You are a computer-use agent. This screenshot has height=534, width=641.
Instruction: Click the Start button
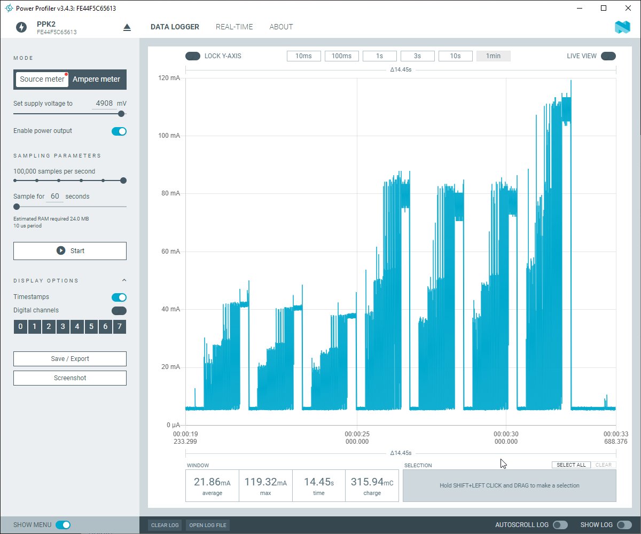tap(70, 250)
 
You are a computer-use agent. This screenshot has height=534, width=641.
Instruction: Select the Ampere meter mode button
tap(96, 79)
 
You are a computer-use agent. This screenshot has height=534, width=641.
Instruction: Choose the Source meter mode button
tap(42, 79)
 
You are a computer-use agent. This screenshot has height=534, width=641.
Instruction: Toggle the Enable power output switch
tap(119, 131)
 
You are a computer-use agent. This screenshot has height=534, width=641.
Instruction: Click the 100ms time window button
tap(341, 56)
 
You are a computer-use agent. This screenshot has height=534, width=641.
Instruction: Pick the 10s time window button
tap(455, 56)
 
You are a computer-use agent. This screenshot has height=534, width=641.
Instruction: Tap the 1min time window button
tap(493, 56)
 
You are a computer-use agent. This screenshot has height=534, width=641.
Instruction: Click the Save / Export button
tap(70, 359)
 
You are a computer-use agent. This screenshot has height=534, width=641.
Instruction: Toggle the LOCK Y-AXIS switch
tap(192, 56)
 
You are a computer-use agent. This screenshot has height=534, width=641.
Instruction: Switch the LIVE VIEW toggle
tap(608, 56)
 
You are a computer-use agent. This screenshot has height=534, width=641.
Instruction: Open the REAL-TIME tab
tap(234, 27)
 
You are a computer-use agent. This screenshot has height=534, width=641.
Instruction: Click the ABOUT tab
tap(281, 27)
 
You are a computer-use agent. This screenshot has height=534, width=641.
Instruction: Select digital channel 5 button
tap(91, 327)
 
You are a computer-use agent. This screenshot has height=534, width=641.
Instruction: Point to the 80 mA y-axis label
tap(170, 193)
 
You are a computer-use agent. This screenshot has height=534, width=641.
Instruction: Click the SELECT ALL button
tap(571, 465)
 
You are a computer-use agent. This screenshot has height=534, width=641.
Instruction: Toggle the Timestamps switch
tap(119, 297)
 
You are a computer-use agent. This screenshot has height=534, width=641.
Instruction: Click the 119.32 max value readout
tap(265, 482)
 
